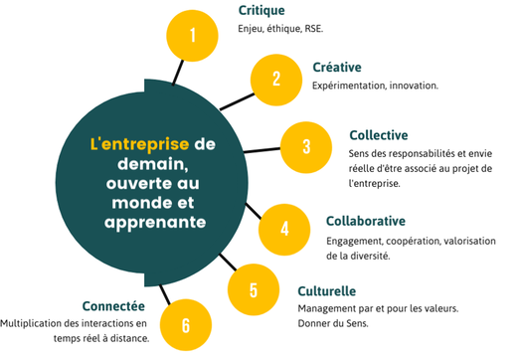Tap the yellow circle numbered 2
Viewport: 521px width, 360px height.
276,78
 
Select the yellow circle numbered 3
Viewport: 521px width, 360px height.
306,146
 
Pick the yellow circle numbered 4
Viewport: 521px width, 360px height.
285,228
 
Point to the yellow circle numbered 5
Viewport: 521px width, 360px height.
253,289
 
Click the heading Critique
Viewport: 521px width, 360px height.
262,11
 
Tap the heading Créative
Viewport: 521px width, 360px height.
337,67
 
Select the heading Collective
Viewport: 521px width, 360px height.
379,134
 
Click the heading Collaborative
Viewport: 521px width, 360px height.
372,220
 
